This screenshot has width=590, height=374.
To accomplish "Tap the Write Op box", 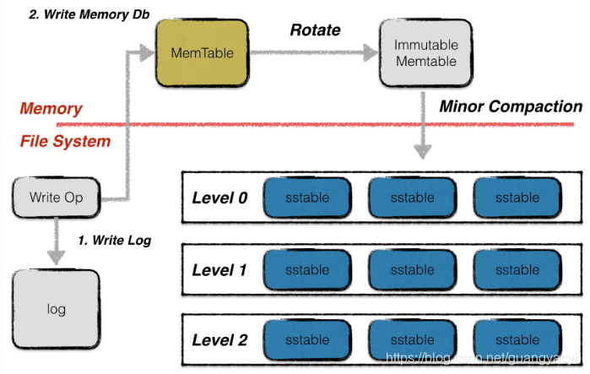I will (56, 198).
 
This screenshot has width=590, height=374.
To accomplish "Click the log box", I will (56, 309).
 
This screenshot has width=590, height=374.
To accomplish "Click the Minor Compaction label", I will (510, 107).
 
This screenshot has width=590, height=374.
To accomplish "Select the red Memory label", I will (51, 109).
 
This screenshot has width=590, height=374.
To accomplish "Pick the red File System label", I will (65, 141).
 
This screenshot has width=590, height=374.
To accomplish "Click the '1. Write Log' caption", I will (113, 241).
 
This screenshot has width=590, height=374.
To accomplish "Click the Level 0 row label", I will (219, 199).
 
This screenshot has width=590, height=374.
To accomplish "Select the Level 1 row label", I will (219, 270).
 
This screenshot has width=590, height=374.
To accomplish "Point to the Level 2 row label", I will (219, 340).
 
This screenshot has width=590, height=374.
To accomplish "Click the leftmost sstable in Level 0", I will (307, 198).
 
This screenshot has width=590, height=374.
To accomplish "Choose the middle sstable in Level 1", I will (413, 270).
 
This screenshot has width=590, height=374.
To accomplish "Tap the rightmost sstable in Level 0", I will (517, 198).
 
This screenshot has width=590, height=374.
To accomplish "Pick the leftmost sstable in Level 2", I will (307, 340).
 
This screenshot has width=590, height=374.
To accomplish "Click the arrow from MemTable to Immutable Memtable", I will (312, 53).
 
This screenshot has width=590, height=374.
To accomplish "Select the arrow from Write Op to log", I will (56, 240).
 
